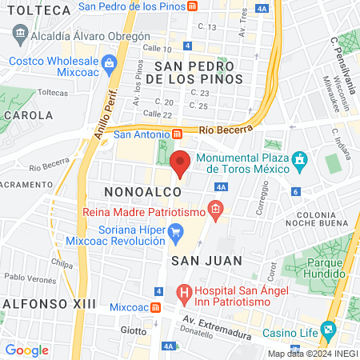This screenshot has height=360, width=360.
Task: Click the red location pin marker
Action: pyautogui.click(x=181, y=163)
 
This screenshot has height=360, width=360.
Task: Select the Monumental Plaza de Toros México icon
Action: pyautogui.click(x=300, y=160)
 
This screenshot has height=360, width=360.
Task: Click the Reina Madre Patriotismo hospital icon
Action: pyautogui.click(x=214, y=209)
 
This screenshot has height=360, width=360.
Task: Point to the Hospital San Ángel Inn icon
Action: pyautogui.click(x=185, y=294)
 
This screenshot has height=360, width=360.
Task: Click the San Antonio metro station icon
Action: pyautogui.click(x=165, y=134)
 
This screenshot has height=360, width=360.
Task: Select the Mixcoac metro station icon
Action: pyautogui.click(x=156, y=306)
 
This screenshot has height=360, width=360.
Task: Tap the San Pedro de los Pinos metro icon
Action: pyautogui.click(x=193, y=6)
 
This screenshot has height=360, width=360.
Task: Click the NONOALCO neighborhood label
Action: pyautogui.click(x=136, y=192)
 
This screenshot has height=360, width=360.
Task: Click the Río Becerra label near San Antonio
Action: pyautogui.click(x=220, y=129)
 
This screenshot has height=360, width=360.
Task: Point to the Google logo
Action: pyautogui.click(x=27, y=350)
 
